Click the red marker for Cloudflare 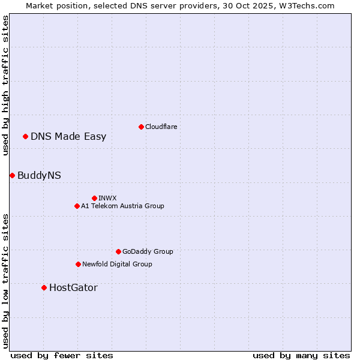(x=141, y=127)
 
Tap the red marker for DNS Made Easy (x=25, y=136)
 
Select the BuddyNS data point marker (x=12, y=175)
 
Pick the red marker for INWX (x=94, y=198)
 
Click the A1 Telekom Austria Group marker (x=77, y=206)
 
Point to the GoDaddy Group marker (x=118, y=251)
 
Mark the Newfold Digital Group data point (x=78, y=264)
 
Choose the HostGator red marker (x=44, y=287)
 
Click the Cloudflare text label (x=161, y=127)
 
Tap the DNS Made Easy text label (x=68, y=136)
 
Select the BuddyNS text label (x=39, y=175)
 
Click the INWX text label (x=107, y=198)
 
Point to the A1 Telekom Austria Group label (x=122, y=206)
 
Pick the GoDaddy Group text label (x=148, y=251)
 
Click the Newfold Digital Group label (x=117, y=264)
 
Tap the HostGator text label (x=73, y=287)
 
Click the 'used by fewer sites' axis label (x=62, y=355)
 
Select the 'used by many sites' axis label (x=301, y=355)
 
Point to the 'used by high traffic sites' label (x=6, y=85)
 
